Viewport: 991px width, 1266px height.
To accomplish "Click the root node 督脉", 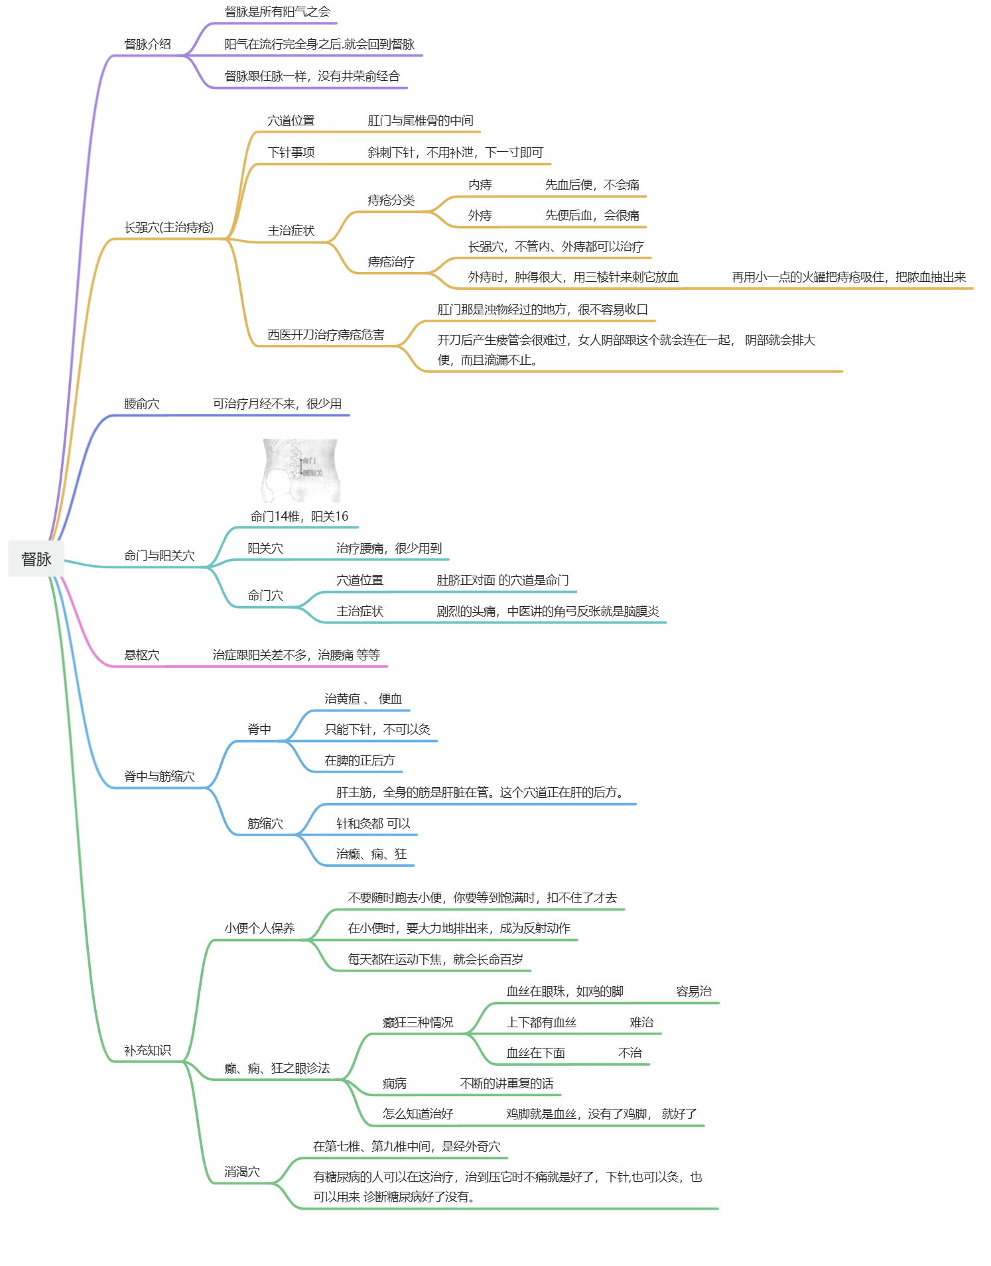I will click(36, 559).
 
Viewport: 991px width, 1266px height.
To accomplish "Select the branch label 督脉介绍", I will click(147, 44).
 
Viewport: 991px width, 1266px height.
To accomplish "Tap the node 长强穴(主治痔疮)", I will click(168, 227).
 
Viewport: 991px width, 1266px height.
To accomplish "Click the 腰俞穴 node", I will click(141, 404).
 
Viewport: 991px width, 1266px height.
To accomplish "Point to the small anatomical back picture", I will click(300, 470).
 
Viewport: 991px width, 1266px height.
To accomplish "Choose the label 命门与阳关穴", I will click(159, 556).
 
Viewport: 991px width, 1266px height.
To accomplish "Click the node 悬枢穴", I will click(141, 655).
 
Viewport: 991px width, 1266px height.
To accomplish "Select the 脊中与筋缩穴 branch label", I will click(159, 777).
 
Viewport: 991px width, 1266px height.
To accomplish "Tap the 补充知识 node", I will click(147, 1050).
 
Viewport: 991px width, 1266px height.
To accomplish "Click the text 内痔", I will click(480, 185).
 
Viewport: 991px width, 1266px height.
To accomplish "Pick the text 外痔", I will click(480, 216).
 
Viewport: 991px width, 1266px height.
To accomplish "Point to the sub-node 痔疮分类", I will click(391, 200).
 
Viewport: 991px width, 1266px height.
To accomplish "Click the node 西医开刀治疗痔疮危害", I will click(326, 335).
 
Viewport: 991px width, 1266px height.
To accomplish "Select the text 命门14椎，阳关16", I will click(299, 517).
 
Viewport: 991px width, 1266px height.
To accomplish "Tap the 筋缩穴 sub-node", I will click(265, 824).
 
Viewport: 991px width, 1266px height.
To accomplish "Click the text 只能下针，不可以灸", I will click(377, 729).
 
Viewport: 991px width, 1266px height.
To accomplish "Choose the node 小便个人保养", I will click(259, 928).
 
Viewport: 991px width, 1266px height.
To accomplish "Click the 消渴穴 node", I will click(241, 1172).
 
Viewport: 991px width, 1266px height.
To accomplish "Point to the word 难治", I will click(641, 1023).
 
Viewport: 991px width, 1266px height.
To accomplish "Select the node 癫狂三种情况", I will click(417, 1023).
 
